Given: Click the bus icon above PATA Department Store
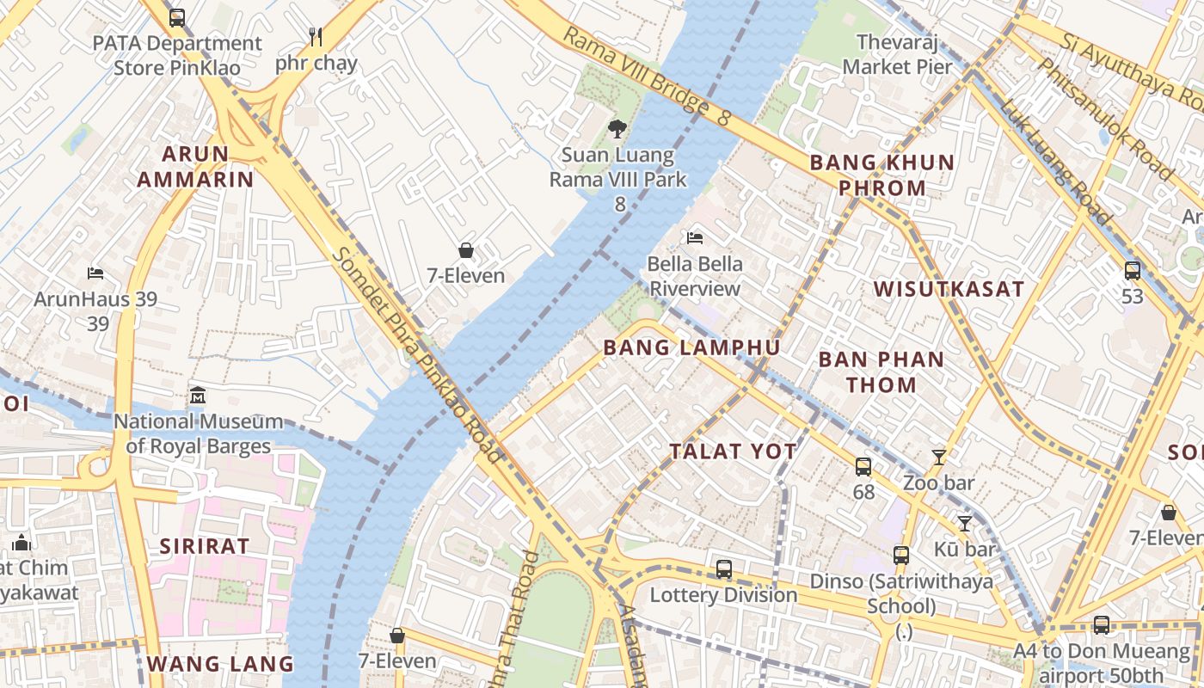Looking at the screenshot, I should (176, 17).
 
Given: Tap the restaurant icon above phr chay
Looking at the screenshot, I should (316, 37).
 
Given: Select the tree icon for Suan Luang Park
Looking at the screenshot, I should (617, 130).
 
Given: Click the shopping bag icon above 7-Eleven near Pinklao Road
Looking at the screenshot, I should (465, 250).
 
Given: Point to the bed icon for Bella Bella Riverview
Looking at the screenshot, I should (695, 237).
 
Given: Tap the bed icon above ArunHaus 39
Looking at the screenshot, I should (95, 273).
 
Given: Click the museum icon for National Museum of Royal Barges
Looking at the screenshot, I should (198, 396).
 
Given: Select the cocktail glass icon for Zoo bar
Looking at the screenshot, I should (939, 458).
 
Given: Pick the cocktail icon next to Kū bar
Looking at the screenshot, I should (965, 523).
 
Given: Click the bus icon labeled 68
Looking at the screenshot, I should (863, 467).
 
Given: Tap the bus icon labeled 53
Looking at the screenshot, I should (1133, 271).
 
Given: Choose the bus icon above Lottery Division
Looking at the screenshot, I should (724, 568).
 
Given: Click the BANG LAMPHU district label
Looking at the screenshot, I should (691, 348).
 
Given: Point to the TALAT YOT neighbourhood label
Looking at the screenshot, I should (733, 451).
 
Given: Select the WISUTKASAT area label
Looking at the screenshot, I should (949, 289).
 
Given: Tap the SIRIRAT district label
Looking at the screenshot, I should (205, 546).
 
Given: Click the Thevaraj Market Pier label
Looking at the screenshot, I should (897, 54).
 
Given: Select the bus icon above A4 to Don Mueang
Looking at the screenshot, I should (1102, 625).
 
